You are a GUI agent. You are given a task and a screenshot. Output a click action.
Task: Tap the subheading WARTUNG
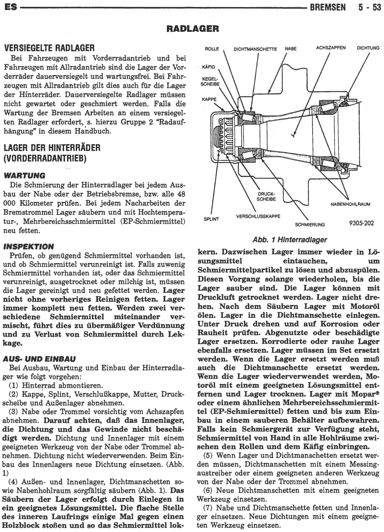click(x=24, y=175)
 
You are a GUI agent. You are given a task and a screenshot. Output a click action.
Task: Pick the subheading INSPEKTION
click(x=28, y=247)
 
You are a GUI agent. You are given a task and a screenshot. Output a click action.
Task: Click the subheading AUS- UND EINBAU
click(x=39, y=359)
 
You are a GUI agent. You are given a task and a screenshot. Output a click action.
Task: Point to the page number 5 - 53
click(x=370, y=7)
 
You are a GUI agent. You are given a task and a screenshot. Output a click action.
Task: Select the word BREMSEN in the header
click(x=328, y=7)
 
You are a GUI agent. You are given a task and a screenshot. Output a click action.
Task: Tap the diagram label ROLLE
click(x=212, y=49)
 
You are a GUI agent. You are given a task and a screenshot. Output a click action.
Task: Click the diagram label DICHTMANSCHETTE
click(x=255, y=49)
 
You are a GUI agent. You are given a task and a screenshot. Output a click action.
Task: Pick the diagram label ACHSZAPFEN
click(x=331, y=48)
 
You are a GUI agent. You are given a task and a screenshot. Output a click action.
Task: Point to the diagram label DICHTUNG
click(x=368, y=48)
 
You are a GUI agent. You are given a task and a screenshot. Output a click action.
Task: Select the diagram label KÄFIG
click(x=208, y=68)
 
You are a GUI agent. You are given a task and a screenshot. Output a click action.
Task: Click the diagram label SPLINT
click(x=211, y=219)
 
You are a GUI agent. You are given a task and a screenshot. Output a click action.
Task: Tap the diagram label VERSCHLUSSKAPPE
click(x=258, y=216)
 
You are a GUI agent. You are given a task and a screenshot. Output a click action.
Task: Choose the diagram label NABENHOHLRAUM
click(x=350, y=204)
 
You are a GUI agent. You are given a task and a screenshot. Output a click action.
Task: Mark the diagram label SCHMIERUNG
click(x=310, y=225)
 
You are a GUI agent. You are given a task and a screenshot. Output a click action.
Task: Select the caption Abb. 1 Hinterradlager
click(x=290, y=239)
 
